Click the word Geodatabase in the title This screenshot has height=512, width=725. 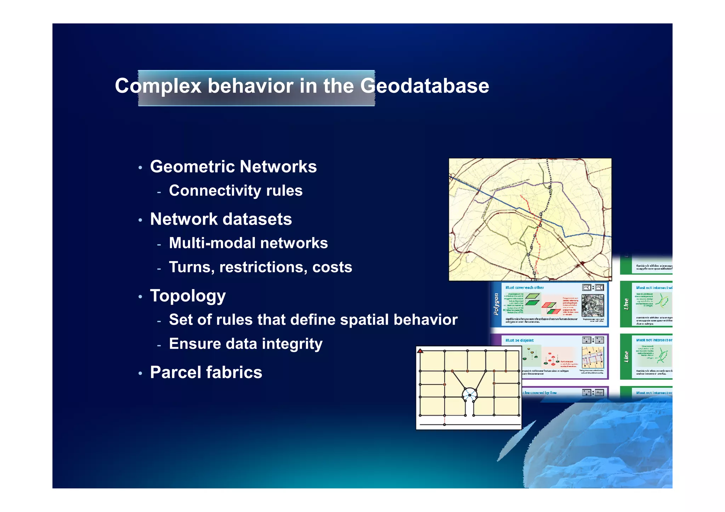click(425, 86)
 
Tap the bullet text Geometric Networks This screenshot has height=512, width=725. click(233, 167)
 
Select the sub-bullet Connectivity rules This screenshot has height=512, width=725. click(236, 191)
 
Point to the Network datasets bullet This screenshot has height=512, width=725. click(221, 219)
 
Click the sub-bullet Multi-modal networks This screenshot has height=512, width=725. click(248, 243)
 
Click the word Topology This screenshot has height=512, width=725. click(188, 296)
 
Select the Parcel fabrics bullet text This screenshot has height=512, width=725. click(206, 372)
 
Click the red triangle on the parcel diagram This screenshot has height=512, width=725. click(420, 351)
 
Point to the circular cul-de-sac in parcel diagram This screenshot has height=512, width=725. click(469, 394)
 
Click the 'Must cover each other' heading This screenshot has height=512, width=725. click(524, 288)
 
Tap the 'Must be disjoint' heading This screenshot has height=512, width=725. click(519, 340)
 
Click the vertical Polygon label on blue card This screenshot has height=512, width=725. click(496, 304)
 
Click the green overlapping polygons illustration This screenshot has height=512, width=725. click(532, 300)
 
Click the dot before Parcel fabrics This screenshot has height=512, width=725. click(141, 374)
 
